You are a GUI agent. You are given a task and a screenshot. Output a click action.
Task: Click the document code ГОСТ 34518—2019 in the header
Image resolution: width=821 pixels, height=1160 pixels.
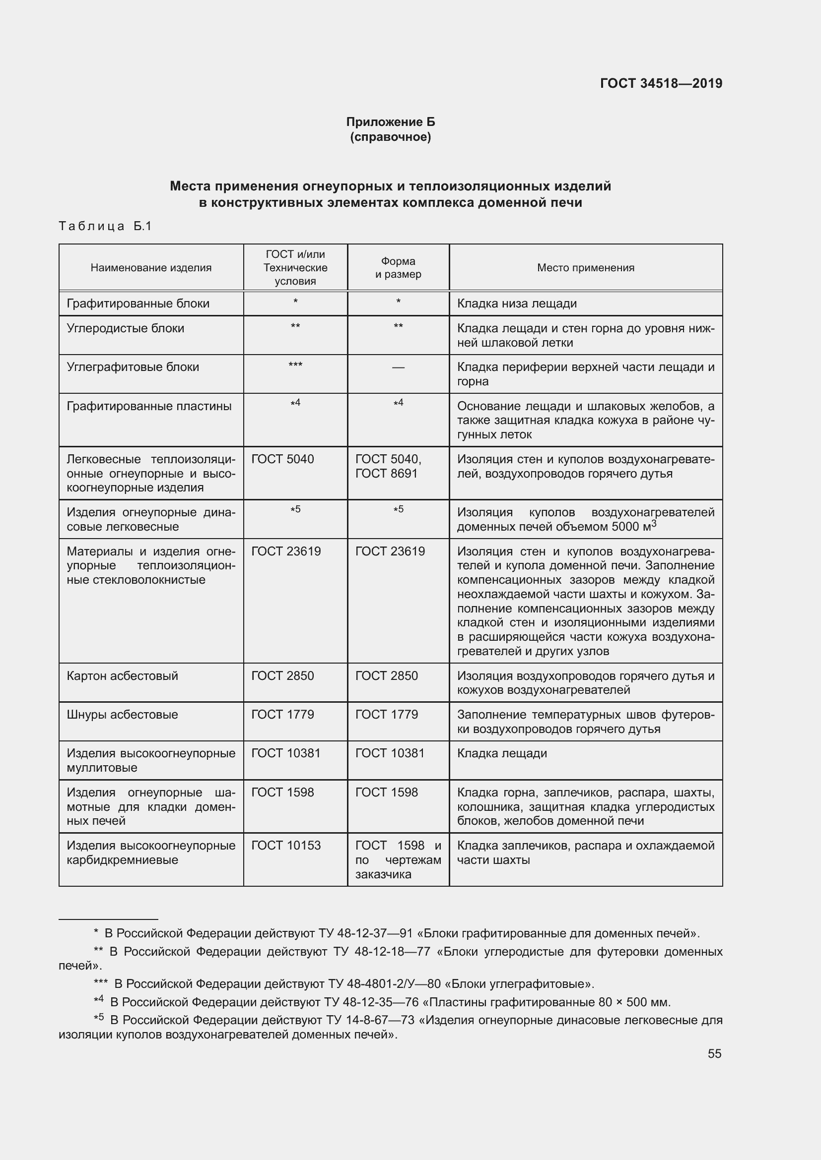[661, 83]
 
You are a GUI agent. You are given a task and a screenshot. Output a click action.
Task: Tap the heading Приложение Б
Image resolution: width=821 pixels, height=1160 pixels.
[390, 122]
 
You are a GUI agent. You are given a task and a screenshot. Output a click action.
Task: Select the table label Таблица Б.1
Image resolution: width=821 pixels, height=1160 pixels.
[105, 226]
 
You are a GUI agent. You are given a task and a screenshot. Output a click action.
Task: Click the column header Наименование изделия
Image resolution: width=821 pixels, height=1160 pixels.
[151, 268]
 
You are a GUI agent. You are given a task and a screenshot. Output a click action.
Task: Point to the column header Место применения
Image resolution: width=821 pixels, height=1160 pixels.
[585, 268]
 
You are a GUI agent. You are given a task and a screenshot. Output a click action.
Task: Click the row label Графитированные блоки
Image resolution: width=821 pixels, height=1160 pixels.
[137, 304]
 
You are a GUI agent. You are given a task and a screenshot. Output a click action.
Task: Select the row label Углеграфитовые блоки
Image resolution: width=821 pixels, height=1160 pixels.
[133, 367]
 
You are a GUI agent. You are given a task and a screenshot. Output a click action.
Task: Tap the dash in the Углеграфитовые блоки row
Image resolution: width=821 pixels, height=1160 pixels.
[398, 367]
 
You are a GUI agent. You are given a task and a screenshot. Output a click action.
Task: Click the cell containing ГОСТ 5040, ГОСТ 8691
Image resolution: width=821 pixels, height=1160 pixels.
[388, 466]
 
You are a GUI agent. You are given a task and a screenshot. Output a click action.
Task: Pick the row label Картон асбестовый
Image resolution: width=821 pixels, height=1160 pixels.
[122, 676]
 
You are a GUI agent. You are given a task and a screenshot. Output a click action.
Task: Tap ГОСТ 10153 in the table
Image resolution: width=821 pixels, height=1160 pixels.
[285, 845]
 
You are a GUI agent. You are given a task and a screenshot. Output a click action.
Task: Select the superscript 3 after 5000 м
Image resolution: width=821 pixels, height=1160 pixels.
[654, 524]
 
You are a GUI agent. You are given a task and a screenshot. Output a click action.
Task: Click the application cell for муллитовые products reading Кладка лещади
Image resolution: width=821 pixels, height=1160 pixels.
[501, 753]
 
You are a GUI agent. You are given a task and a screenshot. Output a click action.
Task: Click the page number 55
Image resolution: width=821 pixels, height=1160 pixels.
[714, 1053]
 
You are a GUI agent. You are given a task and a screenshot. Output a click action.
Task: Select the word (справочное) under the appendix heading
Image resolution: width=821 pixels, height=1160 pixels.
[390, 137]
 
